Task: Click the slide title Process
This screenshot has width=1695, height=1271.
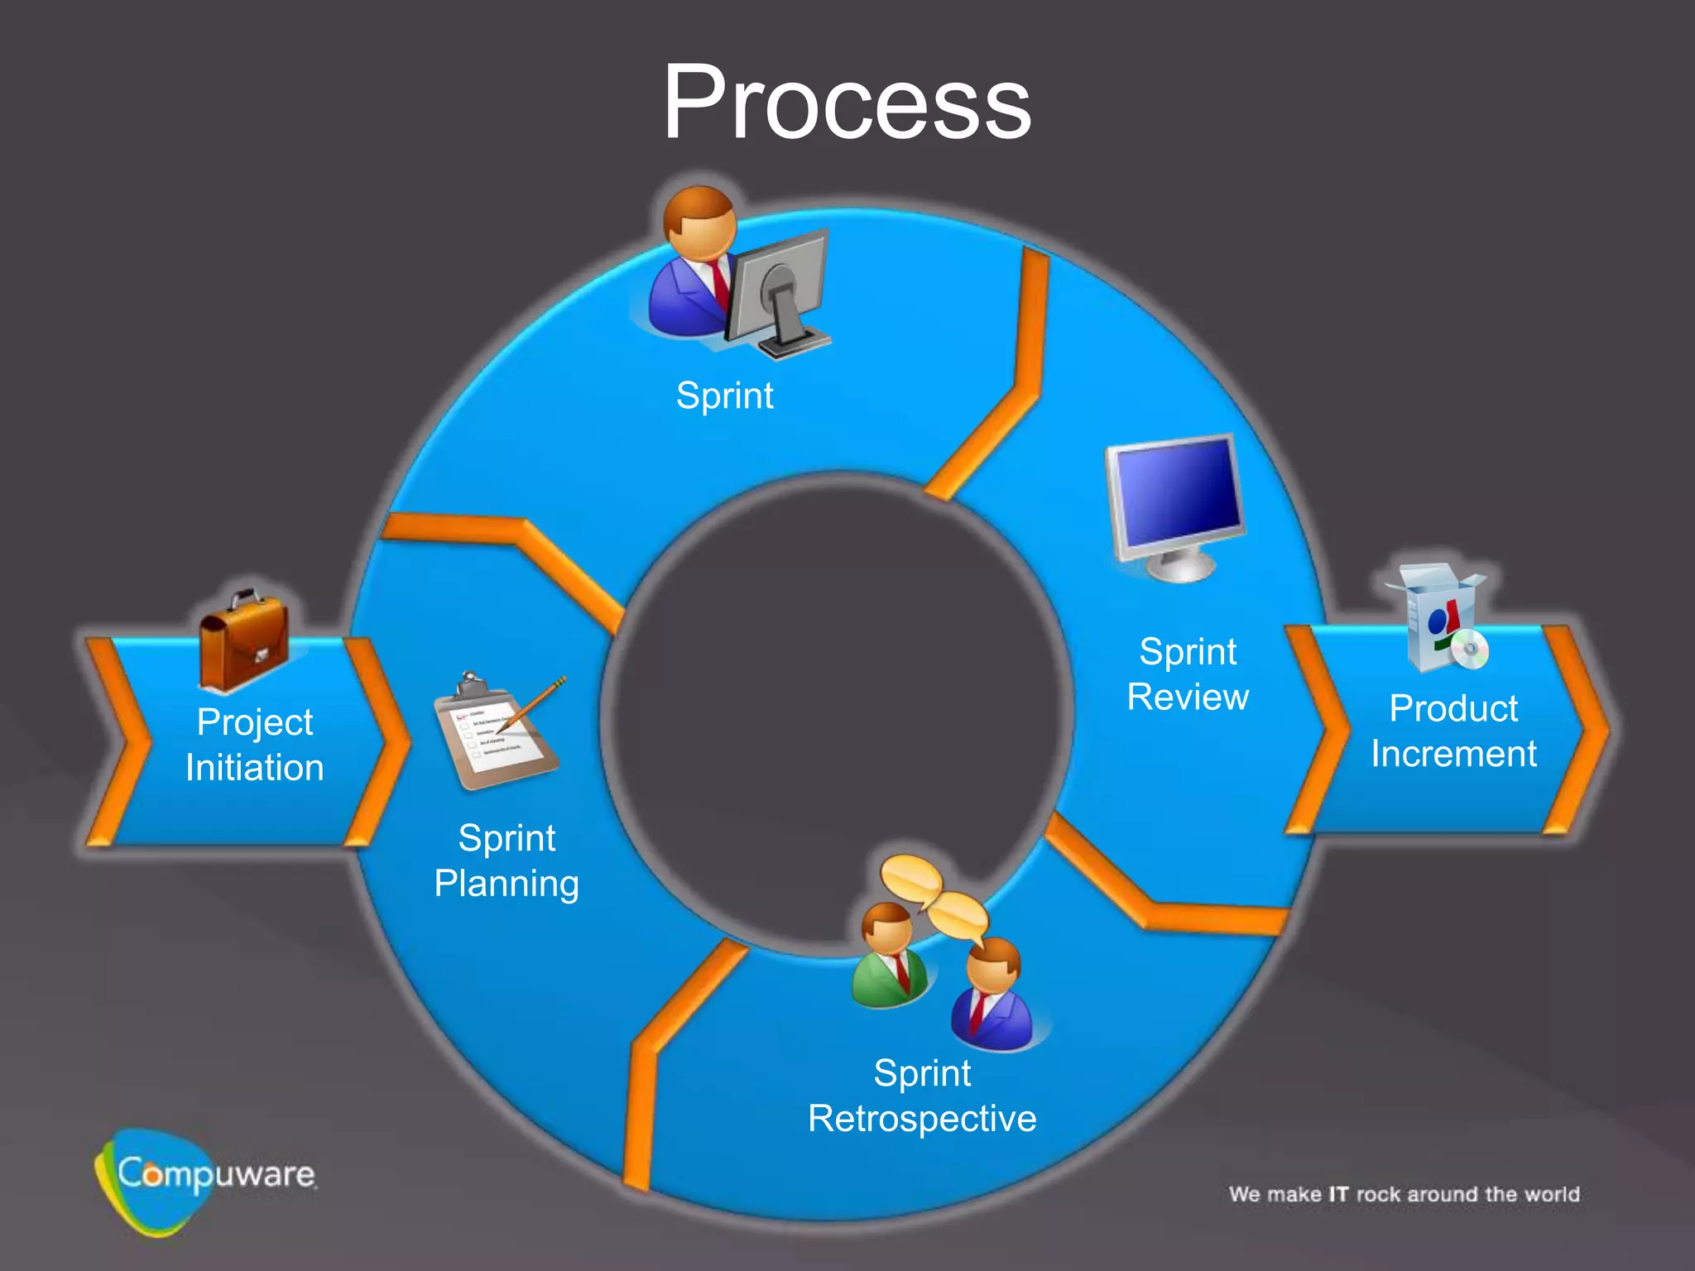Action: (847, 103)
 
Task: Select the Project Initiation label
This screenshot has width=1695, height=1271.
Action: (255, 745)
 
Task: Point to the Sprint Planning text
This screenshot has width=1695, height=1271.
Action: (507, 861)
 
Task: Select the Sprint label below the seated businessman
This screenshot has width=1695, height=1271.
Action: (724, 396)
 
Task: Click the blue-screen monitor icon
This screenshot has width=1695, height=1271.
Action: (1175, 505)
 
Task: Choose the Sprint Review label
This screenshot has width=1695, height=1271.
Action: (1188, 674)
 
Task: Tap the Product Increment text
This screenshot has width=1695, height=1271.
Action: (1453, 731)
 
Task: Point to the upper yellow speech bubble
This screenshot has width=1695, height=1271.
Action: (910, 880)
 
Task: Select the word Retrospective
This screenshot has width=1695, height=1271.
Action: (922, 1119)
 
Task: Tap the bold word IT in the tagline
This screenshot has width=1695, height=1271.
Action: (1338, 1194)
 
